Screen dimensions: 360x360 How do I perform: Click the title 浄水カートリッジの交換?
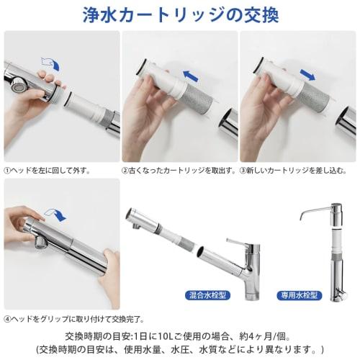pyautogui.click(x=180, y=14)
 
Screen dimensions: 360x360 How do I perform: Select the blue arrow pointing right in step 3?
pyautogui.click(x=308, y=74)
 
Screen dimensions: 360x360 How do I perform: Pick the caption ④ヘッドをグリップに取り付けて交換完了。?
pyautogui.click(x=74, y=318)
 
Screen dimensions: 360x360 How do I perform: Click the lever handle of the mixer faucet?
pyautogui.click(x=239, y=243)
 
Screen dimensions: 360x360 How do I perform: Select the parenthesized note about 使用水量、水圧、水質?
pyautogui.click(x=180, y=349)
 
